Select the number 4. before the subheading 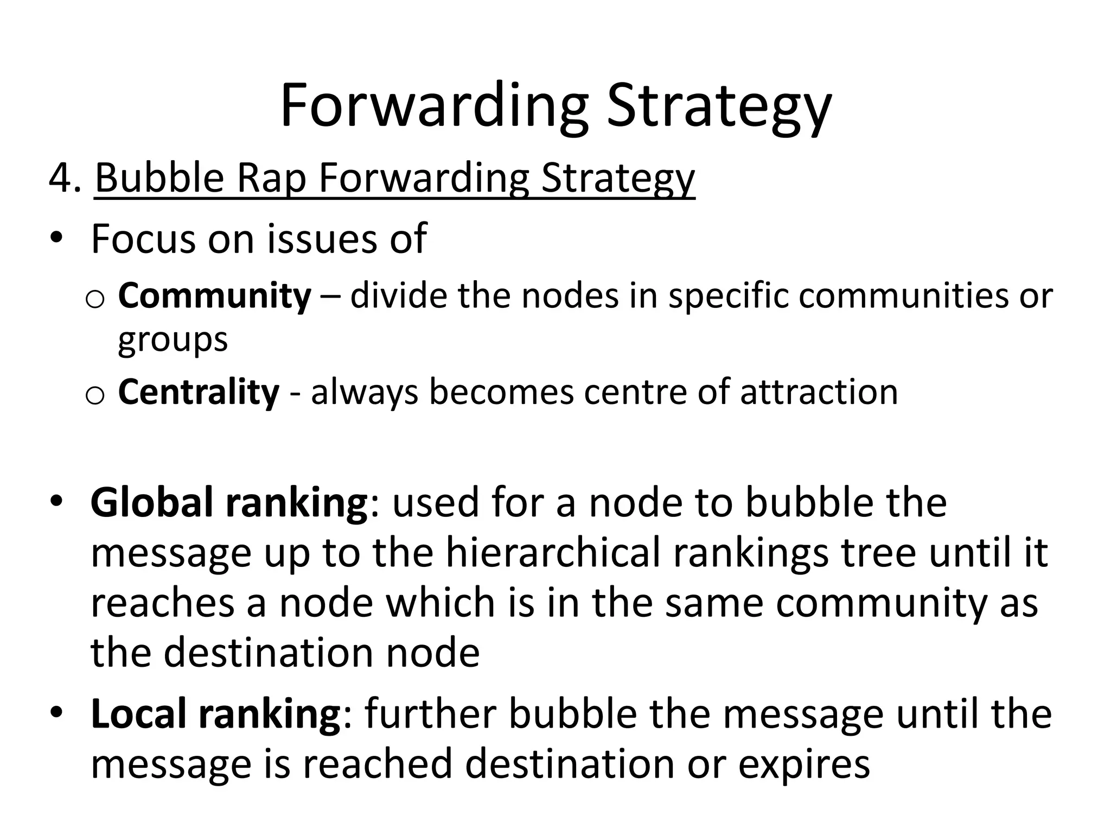65,178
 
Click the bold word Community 215,296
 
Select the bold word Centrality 199,392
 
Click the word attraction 819,392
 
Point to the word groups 173,340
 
